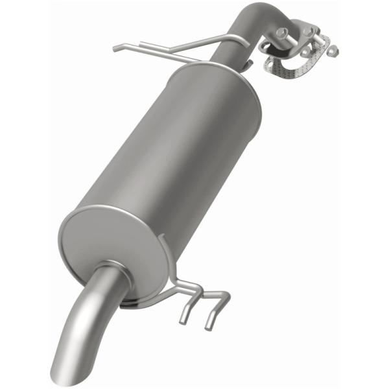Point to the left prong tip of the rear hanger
183,318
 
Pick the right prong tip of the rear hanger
209,324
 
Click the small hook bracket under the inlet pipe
249,64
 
